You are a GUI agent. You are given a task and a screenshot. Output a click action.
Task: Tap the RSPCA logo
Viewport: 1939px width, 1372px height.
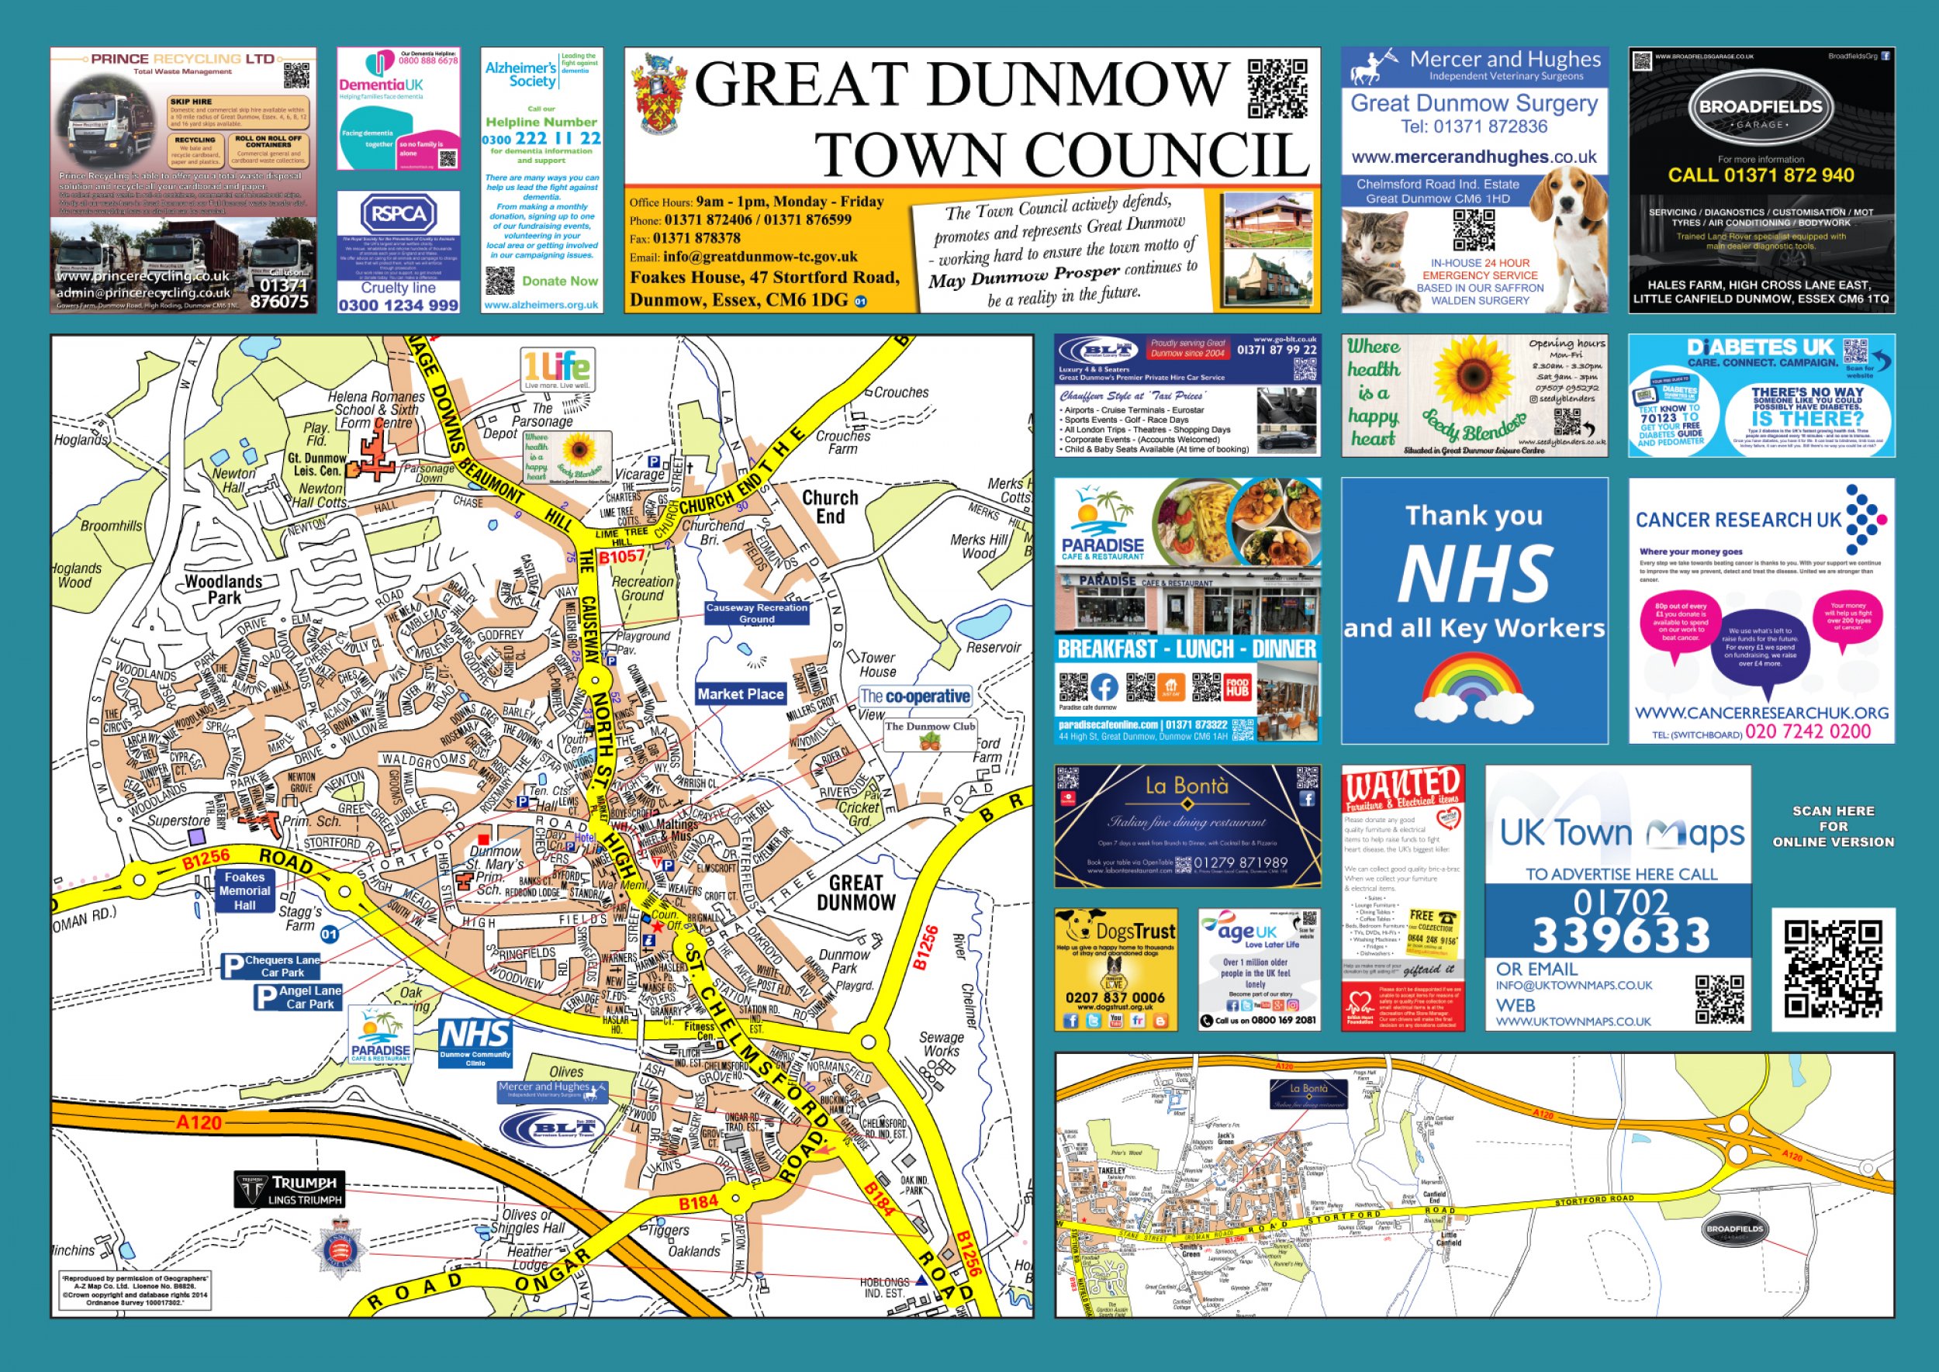pos(399,214)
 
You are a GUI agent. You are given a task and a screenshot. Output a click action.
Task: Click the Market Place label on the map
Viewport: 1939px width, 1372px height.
pos(740,693)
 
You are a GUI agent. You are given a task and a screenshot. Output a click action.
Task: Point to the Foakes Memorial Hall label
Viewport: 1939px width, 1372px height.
pos(244,890)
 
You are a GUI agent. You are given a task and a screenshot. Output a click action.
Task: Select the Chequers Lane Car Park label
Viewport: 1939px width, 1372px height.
pos(272,966)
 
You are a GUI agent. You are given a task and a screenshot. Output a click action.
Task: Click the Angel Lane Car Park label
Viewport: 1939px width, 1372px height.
pos(299,997)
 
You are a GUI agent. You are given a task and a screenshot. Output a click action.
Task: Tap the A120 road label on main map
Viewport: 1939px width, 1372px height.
pos(199,1122)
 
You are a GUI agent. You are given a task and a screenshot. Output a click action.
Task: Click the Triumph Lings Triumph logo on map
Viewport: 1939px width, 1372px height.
pos(290,1190)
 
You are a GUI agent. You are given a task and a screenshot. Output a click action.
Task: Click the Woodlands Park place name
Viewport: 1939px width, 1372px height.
pos(223,589)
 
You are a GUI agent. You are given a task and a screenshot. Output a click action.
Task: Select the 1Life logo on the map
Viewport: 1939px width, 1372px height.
pos(557,369)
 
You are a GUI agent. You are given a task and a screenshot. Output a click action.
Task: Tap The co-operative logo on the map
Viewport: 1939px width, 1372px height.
pos(914,696)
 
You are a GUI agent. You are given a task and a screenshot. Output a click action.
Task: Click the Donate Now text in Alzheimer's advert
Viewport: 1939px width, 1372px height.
pos(559,281)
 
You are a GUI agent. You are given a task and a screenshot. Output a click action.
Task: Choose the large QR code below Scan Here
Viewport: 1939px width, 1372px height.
pos(1833,969)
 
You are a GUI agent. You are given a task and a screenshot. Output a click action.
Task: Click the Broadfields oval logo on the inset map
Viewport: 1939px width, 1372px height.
pos(1734,1229)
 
